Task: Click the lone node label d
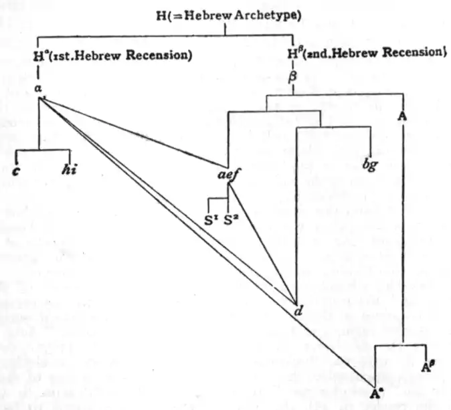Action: coord(298,312)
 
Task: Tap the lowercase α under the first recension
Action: coord(38,88)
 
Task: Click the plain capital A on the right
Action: coord(402,115)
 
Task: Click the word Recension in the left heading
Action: coord(159,56)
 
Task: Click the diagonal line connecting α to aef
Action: coord(134,130)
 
